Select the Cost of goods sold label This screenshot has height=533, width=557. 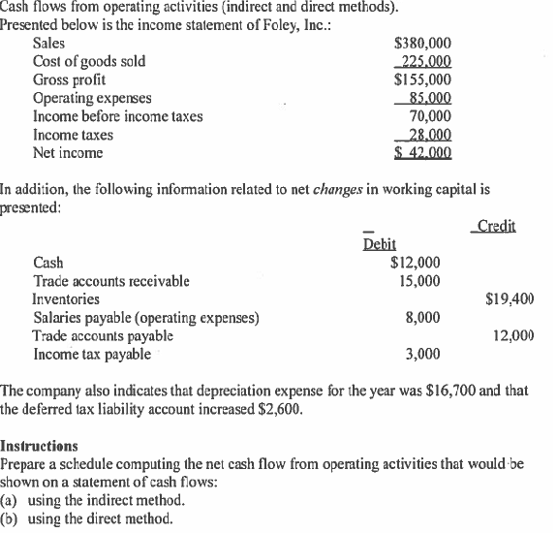89,61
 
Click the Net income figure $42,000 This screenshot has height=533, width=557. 424,153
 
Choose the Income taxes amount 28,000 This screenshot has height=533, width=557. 426,135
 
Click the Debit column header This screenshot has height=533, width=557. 379,244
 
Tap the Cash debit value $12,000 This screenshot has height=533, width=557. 415,263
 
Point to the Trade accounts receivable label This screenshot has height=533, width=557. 111,281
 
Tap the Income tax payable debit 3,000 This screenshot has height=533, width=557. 421,354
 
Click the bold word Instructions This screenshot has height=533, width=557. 40,447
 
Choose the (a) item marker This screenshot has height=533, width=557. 11,501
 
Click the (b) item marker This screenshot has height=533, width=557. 11,518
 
